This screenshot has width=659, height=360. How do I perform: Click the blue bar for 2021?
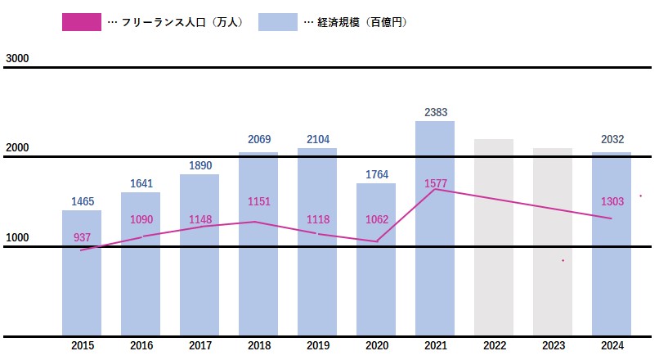click(x=435, y=245)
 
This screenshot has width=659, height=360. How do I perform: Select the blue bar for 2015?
click(x=82, y=286)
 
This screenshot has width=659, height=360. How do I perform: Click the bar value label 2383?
click(x=435, y=112)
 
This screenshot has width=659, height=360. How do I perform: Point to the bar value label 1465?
click(x=82, y=200)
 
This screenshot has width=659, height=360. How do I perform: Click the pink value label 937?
click(x=82, y=237)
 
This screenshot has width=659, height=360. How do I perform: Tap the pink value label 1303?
click(x=612, y=201)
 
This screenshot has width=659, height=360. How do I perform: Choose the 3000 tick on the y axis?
click(x=17, y=58)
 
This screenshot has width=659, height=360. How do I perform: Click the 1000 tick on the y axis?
click(x=17, y=238)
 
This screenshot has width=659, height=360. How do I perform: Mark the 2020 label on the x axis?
click(x=376, y=346)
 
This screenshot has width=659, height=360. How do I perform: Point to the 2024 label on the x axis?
click(x=612, y=346)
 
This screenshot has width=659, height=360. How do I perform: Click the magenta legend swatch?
click(x=81, y=22)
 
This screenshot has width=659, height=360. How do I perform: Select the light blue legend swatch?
click(x=277, y=22)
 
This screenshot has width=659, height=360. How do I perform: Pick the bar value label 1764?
click(x=376, y=174)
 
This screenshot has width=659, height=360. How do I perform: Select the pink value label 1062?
click(x=376, y=218)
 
